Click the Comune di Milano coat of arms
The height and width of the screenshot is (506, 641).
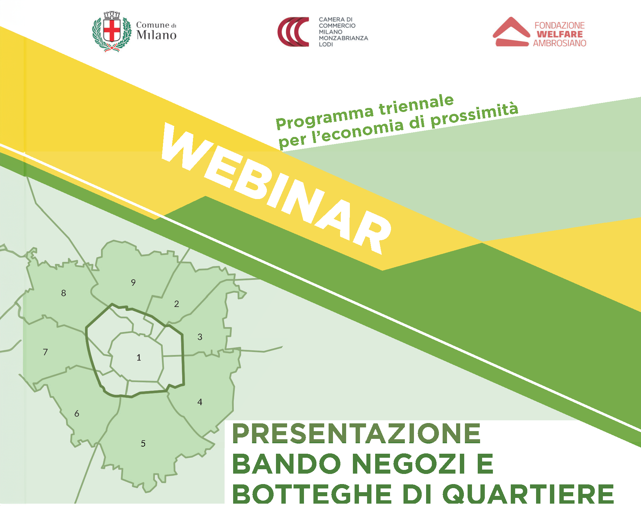point(112,31)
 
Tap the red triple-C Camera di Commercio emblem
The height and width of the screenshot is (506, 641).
point(293,32)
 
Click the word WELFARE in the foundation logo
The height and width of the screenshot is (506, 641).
point(560,34)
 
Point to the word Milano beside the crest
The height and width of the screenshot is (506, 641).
point(156,35)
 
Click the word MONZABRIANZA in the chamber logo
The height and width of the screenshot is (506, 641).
point(343,38)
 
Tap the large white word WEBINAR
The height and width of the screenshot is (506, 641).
point(277,188)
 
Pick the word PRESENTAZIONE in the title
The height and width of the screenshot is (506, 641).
point(356,434)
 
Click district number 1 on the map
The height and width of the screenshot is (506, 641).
point(139,358)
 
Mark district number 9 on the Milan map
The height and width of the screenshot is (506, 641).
point(133,282)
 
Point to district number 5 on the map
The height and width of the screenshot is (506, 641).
point(143,443)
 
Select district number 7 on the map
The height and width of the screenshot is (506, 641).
point(45,352)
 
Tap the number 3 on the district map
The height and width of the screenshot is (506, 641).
point(200,337)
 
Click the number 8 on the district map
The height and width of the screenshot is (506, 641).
point(63,293)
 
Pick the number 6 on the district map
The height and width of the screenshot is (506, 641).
point(77,414)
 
